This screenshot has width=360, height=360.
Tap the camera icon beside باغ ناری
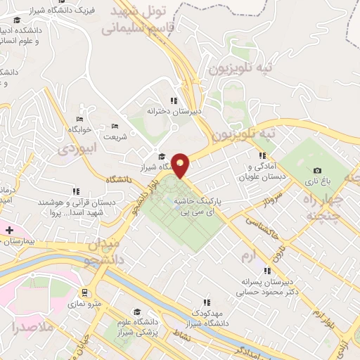click(317, 171)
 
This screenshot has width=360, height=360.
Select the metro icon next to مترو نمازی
click(85, 292)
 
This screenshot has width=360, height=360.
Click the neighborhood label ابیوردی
click(75, 149)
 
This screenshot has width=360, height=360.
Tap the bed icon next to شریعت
click(115, 127)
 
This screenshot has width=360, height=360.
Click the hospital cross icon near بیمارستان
click(8, 230)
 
